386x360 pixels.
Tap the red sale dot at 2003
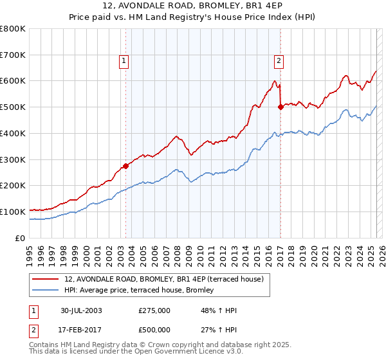(125, 166)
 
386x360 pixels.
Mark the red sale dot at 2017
(280, 107)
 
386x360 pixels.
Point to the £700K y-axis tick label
(13, 55)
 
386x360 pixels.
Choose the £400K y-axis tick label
(13, 134)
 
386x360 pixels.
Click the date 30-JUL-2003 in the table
(81, 310)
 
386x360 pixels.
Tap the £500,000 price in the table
(154, 329)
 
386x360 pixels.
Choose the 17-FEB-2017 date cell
(81, 329)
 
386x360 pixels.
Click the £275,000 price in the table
(154, 310)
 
